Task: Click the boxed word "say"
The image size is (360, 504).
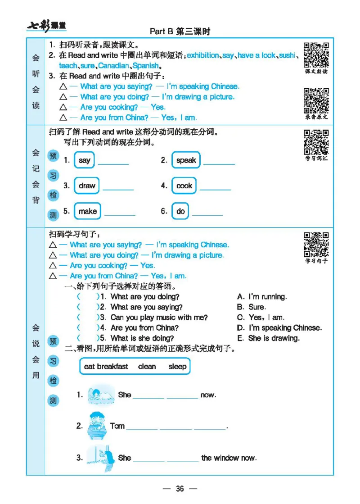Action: point(84,160)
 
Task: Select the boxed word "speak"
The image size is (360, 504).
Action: point(186,160)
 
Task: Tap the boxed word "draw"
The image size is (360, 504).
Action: point(87,186)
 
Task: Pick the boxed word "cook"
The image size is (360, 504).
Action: point(184,186)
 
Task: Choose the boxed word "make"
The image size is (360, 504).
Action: point(87,211)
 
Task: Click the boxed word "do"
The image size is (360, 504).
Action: point(180,211)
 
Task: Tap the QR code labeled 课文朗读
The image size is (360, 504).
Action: point(316,55)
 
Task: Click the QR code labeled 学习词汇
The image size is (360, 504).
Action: point(316,142)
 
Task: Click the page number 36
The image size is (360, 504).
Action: point(180,489)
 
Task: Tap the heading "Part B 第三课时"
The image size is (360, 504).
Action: point(180,31)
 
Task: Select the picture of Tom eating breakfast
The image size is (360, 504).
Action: point(95,425)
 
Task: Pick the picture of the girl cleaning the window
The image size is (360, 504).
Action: point(98,458)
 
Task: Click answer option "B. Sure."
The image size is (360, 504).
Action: point(251,307)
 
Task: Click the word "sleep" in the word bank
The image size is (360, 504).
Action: point(177,366)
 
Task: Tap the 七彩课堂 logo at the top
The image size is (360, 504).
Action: point(46,27)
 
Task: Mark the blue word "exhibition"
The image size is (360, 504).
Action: point(202,55)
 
